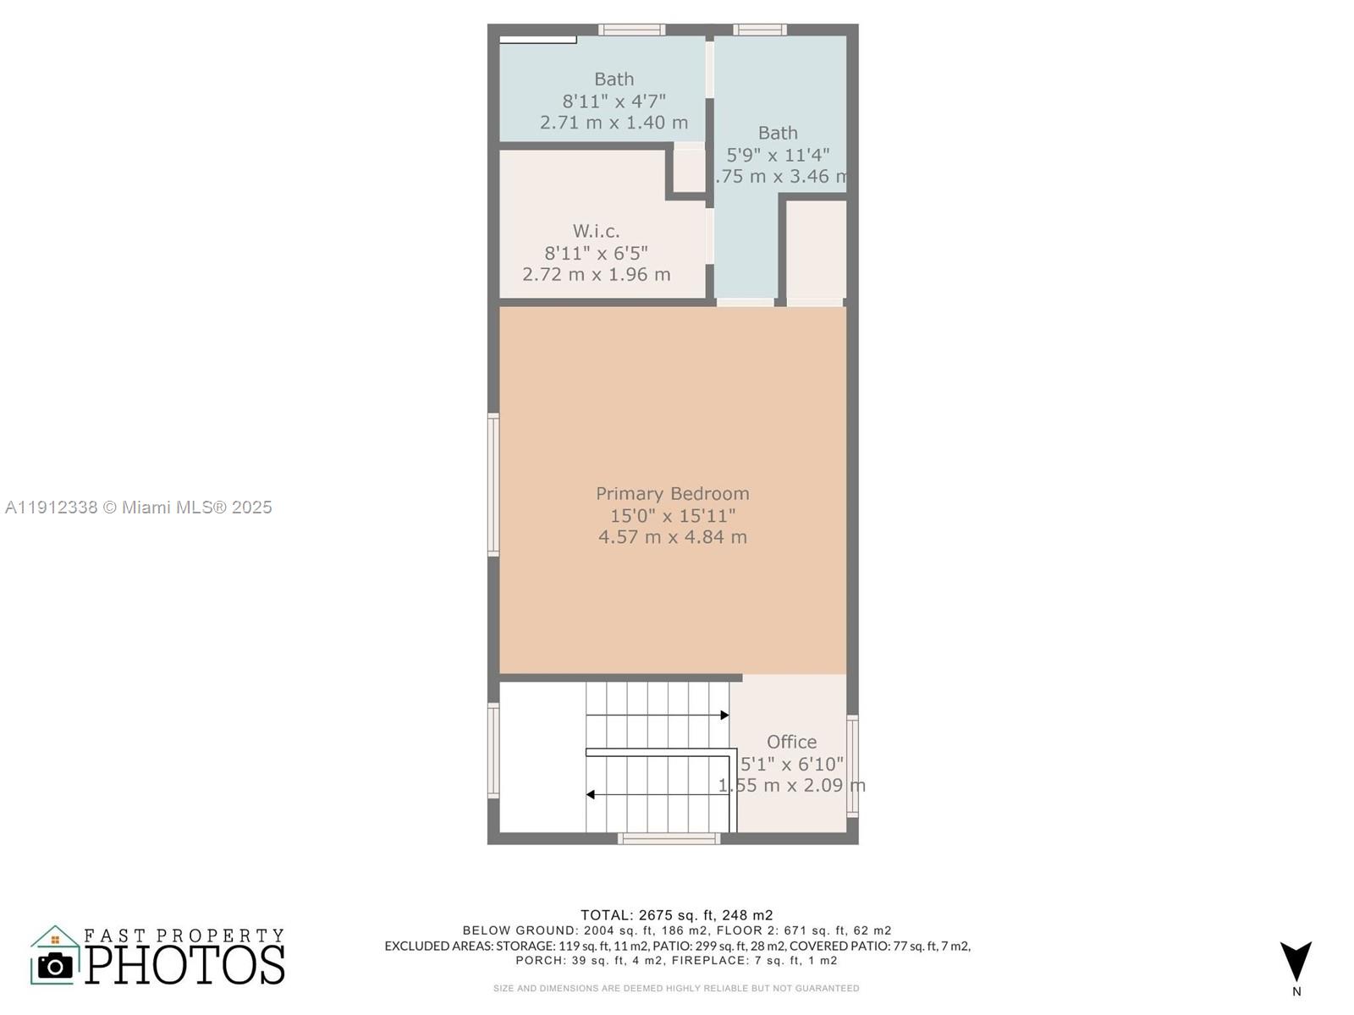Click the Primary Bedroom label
pos(672,493)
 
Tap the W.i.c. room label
pos(596,231)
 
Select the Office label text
pos(791,742)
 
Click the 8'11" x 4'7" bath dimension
pos(614,101)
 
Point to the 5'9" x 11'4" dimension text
pos(778,156)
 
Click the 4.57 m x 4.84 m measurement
pos(672,537)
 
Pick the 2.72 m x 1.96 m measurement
pos(596,275)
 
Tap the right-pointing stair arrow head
pos(724,716)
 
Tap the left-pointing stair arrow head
pos(591,795)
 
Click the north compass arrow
pos(1296,961)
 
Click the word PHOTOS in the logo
pos(184,965)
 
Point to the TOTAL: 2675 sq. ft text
pos(676,915)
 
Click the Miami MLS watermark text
pos(138,507)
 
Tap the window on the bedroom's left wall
pos(493,484)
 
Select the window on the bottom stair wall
pos(669,839)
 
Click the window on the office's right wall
pos(852,766)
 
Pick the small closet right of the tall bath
pos(816,250)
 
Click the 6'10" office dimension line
pos(791,764)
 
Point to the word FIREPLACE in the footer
pos(707,961)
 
